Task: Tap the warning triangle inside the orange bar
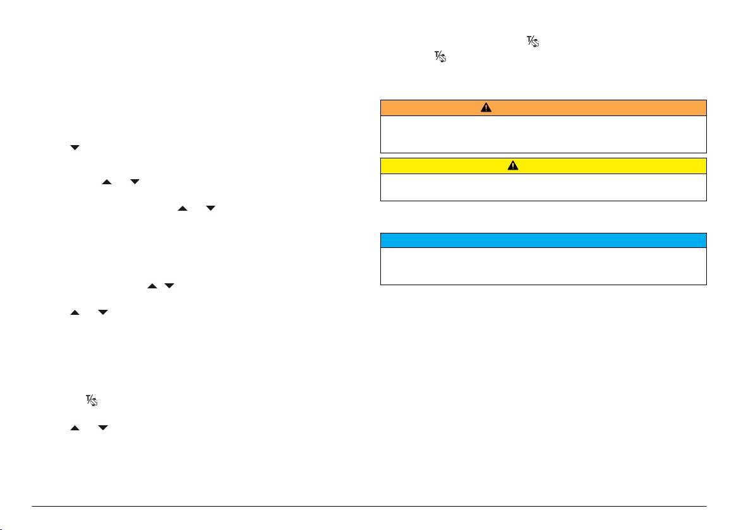tap(485, 107)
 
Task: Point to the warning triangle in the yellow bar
tap(513, 165)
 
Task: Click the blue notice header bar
tap(543, 240)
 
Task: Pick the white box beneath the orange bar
tap(543, 134)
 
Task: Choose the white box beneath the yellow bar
tap(543, 187)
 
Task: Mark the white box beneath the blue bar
tap(543, 266)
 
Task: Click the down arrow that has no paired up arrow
tap(75, 148)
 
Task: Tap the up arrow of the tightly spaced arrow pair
tap(152, 286)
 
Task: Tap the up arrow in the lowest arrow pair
tap(75, 428)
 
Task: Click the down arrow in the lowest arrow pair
tap(104, 428)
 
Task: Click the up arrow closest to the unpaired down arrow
tap(107, 182)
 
